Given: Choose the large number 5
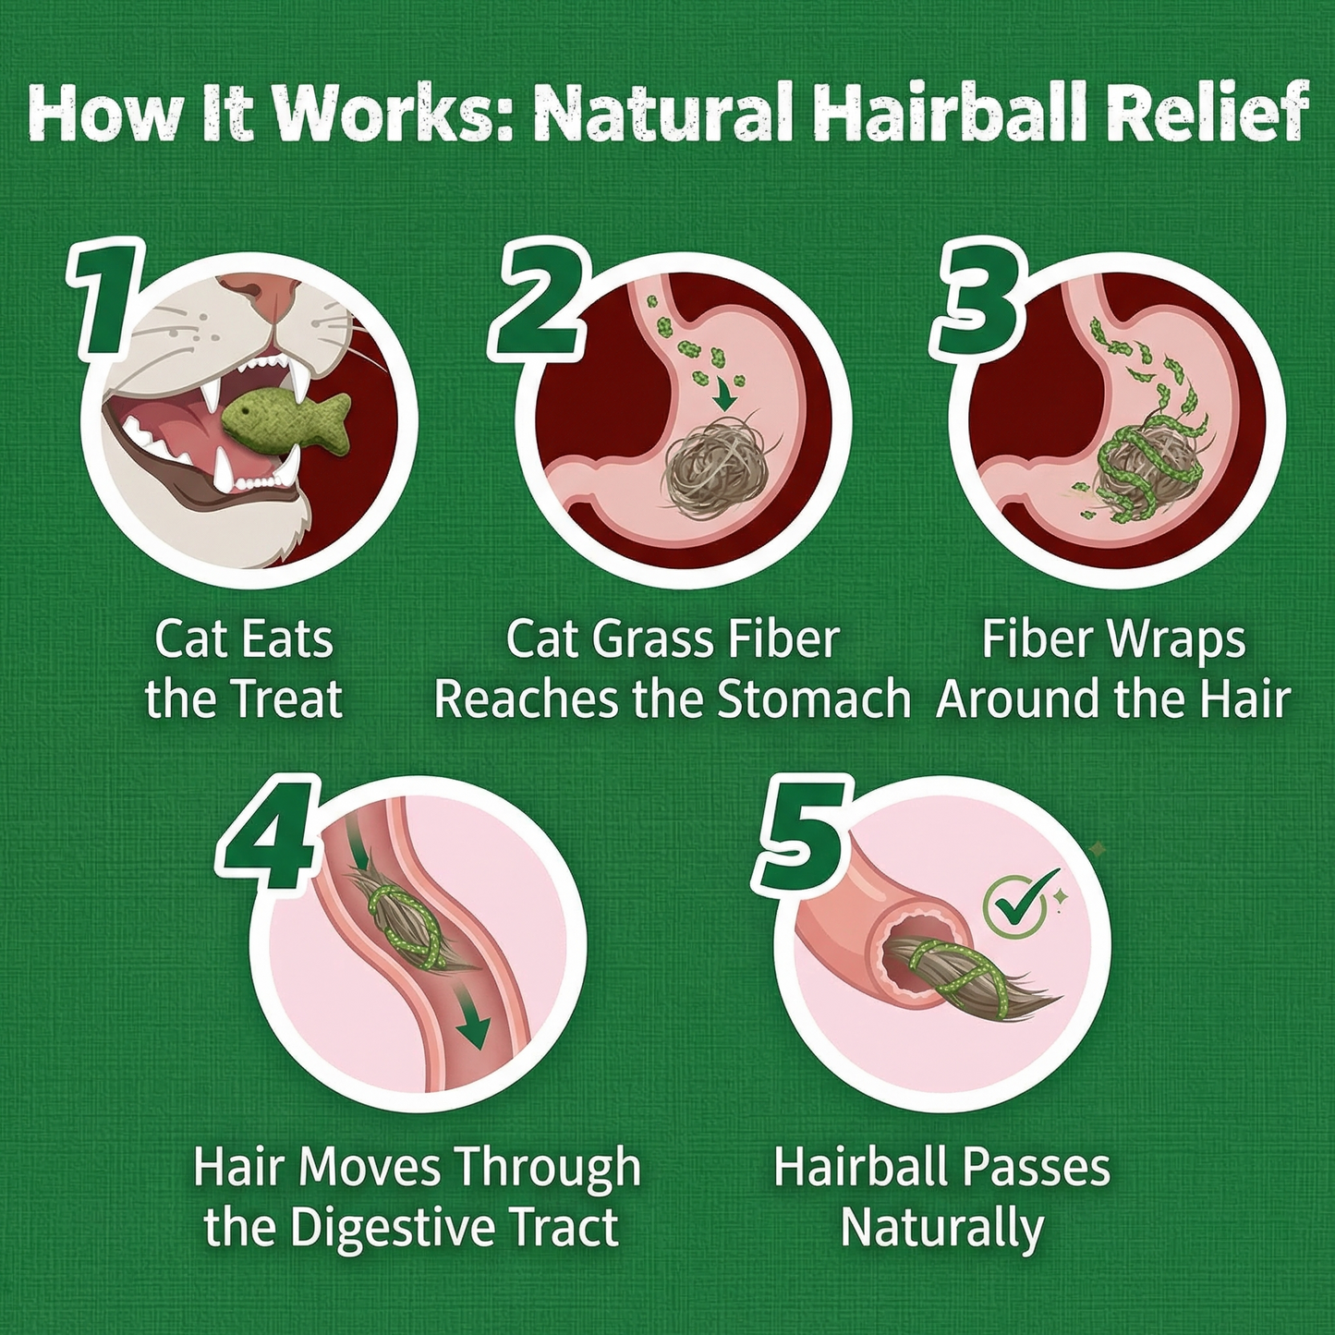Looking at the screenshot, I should (x=800, y=836).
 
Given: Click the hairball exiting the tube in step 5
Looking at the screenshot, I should (x=961, y=979).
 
